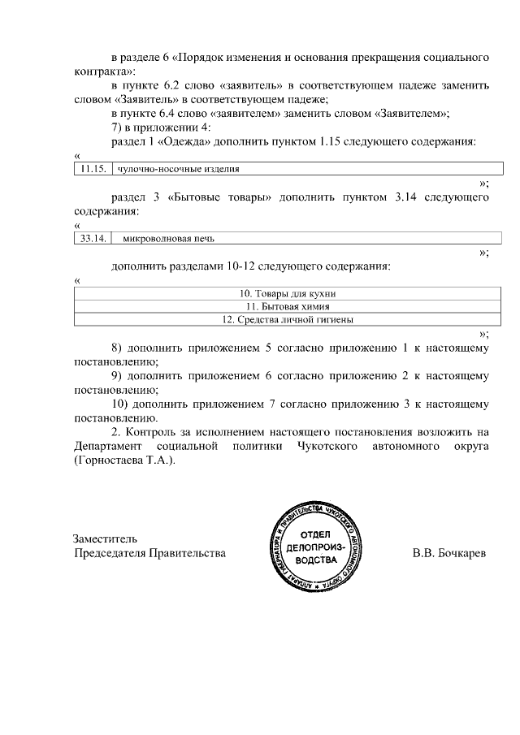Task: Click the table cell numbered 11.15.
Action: click(93, 169)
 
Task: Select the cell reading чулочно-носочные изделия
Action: click(179, 169)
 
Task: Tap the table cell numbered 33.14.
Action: click(93, 238)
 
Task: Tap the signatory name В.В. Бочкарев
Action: click(448, 553)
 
